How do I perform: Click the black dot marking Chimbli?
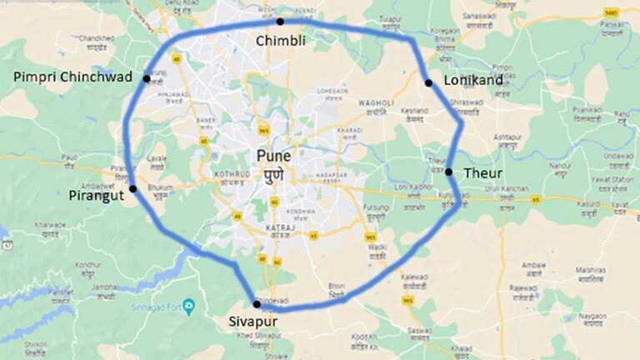click(x=280, y=22)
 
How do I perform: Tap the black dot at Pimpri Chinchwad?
click(x=147, y=79)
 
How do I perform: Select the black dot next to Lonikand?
click(x=428, y=82)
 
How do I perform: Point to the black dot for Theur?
click(x=448, y=172)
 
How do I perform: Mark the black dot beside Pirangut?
click(x=133, y=189)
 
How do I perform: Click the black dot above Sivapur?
click(x=257, y=304)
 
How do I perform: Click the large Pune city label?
click(x=274, y=156)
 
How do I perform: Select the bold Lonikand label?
click(x=472, y=81)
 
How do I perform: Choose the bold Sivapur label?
click(x=252, y=320)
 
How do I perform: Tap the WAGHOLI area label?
click(x=375, y=102)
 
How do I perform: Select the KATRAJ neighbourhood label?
click(x=277, y=226)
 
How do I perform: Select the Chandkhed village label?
click(x=97, y=38)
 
